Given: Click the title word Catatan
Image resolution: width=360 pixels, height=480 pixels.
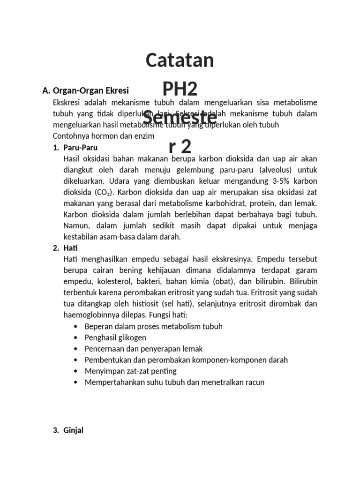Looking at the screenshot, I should click(x=180, y=60).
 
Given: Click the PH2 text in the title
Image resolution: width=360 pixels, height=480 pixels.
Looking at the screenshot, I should click(x=180, y=89).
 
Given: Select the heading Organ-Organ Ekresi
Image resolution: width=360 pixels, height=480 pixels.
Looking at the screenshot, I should click(x=91, y=90).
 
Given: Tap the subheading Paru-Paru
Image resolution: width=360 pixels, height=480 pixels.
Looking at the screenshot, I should click(x=80, y=147).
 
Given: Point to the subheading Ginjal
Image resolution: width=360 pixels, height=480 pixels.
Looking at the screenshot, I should click(x=73, y=430).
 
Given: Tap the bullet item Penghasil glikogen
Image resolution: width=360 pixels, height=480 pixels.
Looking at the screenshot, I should click(x=115, y=337).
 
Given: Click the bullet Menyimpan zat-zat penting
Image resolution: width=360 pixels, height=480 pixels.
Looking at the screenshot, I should click(x=130, y=371).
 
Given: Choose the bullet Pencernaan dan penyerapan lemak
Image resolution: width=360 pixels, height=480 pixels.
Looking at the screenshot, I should click(x=143, y=349).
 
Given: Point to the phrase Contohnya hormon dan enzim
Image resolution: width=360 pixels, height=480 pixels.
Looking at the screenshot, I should click(x=104, y=136).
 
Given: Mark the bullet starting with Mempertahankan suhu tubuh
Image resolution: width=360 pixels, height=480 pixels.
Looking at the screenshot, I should click(x=174, y=382).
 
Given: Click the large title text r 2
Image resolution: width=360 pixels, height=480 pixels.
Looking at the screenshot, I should click(x=180, y=147).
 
